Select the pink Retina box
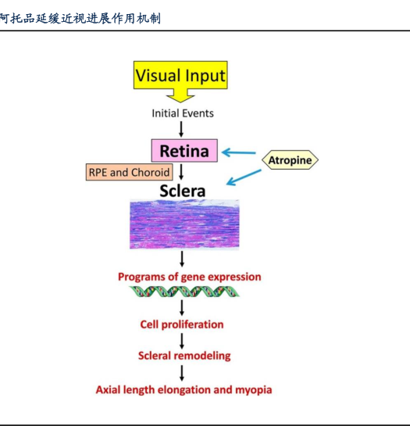184,151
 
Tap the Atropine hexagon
290,160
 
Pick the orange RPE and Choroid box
129,172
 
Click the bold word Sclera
183,191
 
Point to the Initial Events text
183,113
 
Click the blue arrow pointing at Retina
239,152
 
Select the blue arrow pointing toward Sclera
244,177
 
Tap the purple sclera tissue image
184,224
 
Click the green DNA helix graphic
184,292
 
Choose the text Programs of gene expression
190,277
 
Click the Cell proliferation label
182,324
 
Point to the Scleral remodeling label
184,356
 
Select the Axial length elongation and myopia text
184,390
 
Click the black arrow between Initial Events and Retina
181,129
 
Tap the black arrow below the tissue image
182,259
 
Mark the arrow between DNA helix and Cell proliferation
182,308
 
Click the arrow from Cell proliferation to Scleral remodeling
182,342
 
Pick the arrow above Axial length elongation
182,374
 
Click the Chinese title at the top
80,19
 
